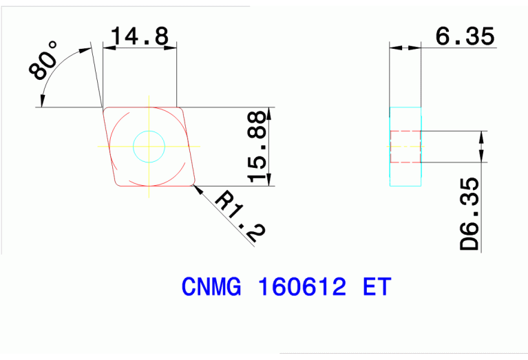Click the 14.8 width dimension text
tap(140, 36)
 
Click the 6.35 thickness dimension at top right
tap(465, 36)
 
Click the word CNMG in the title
tap(213, 286)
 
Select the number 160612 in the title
tap(300, 286)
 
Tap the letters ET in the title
tap(376, 286)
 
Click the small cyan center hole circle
tap(149, 145)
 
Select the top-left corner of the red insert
tap(105, 109)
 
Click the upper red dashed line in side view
tap(405, 131)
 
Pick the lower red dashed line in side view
tap(405, 162)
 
